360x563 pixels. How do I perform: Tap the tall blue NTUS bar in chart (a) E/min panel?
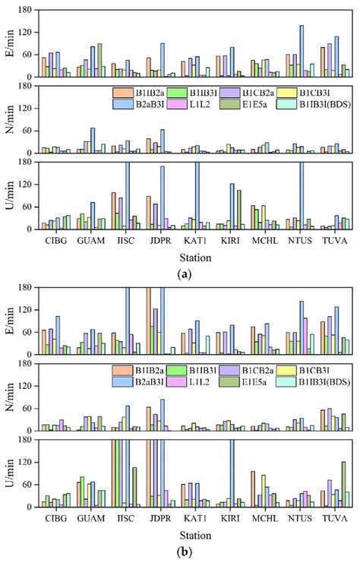pyautogui.click(x=302, y=51)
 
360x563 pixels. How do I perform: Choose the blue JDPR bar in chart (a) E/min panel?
pyautogui.click(x=163, y=60)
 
